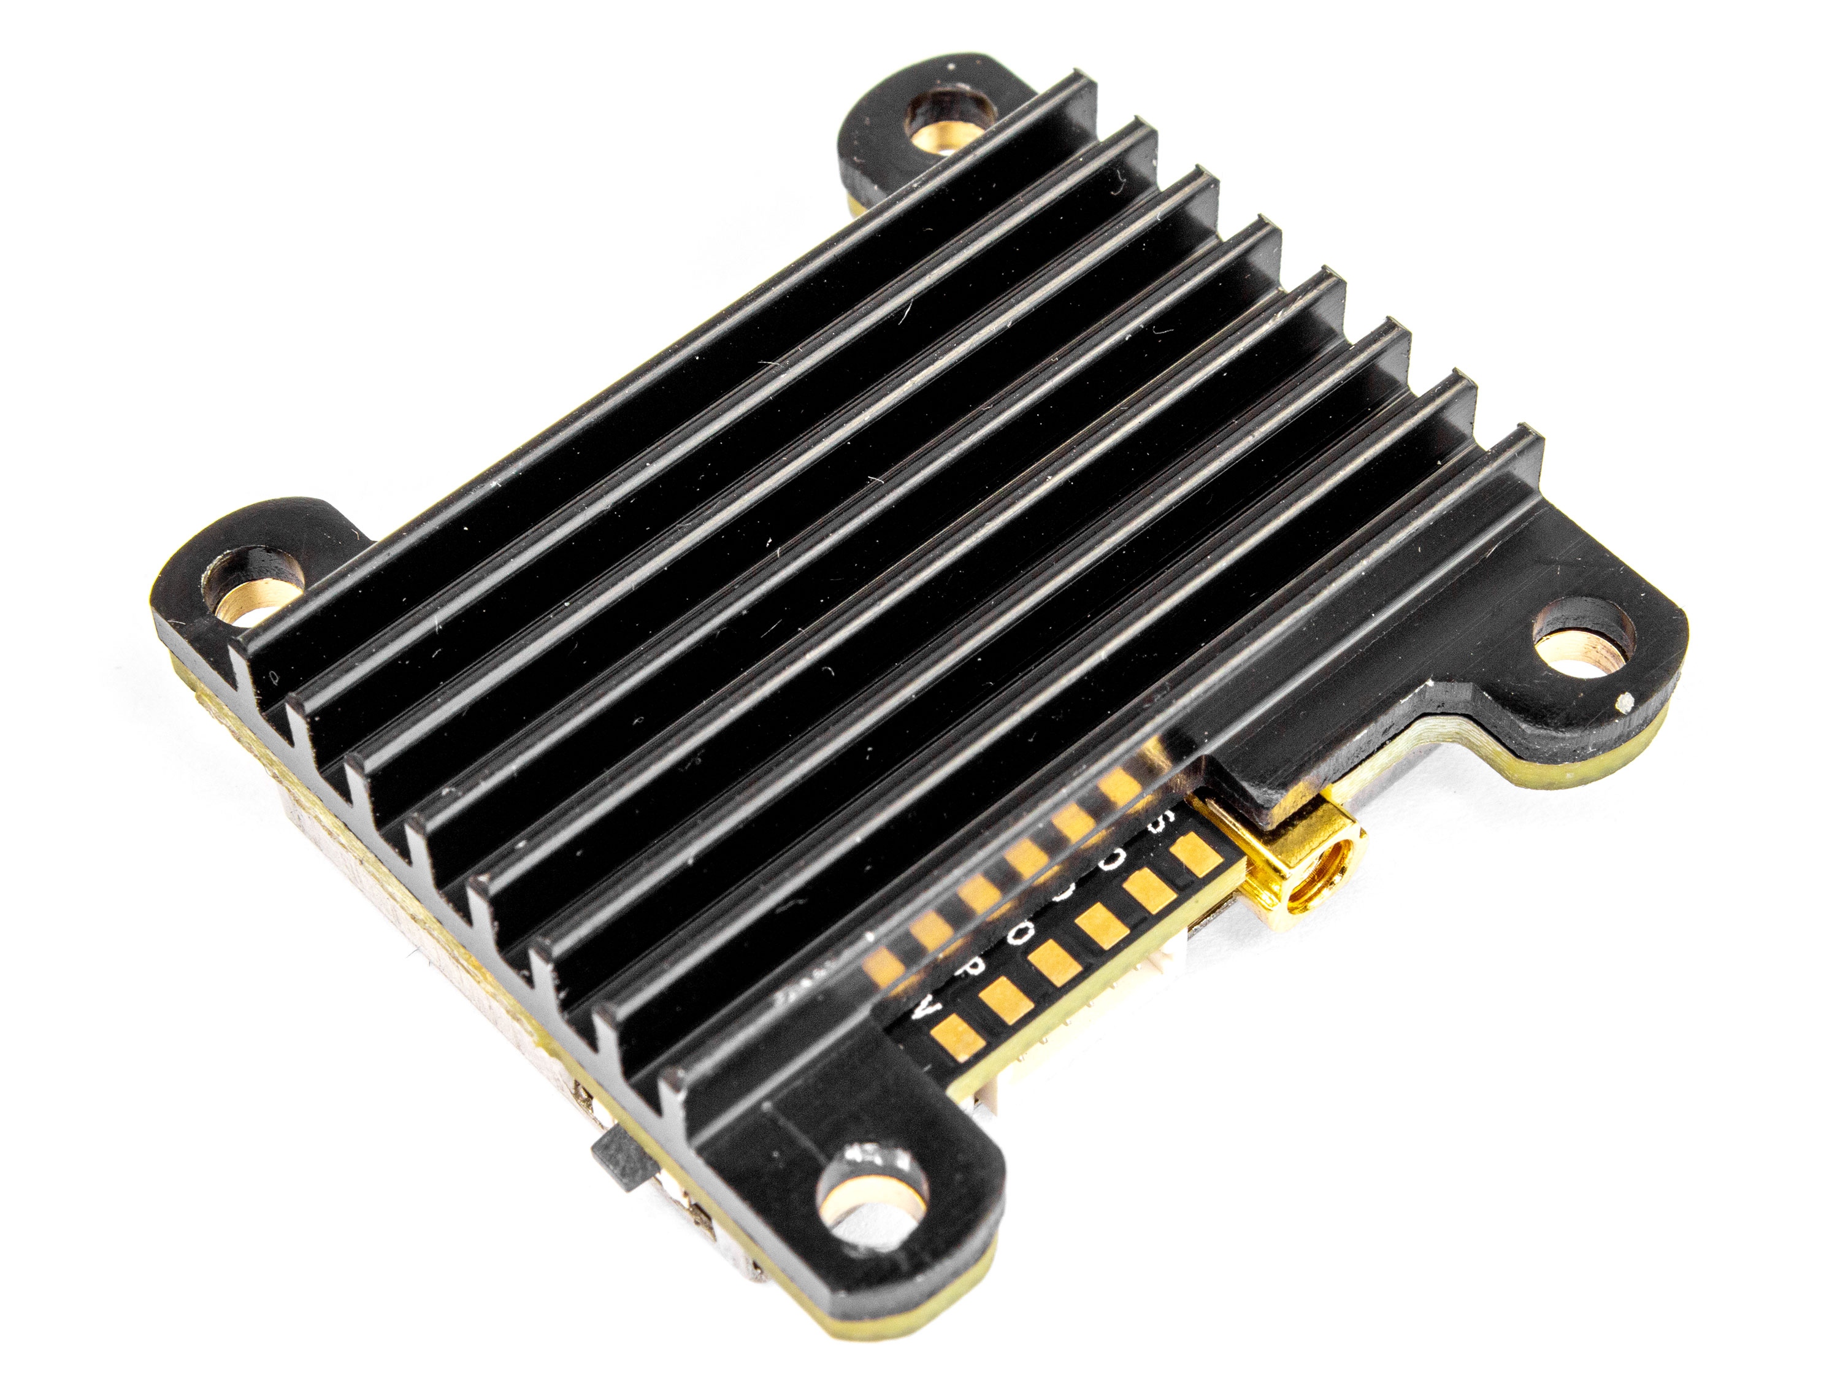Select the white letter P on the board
965,973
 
